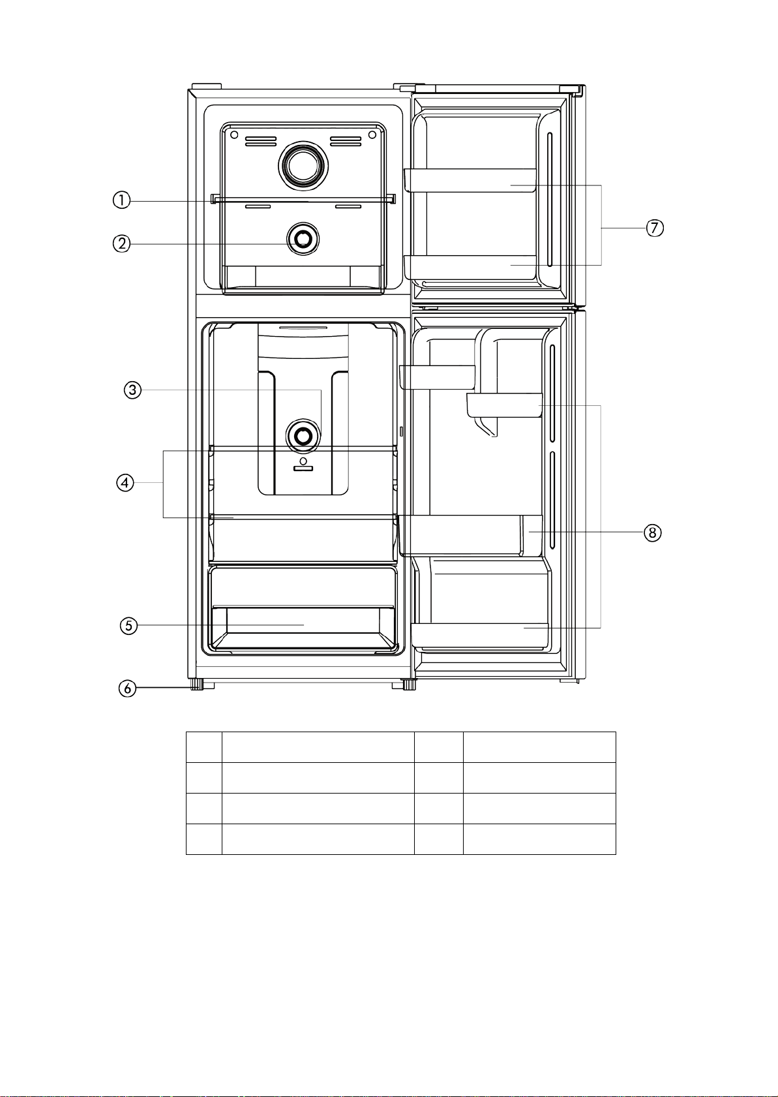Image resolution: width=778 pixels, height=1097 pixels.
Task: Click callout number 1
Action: coord(122,200)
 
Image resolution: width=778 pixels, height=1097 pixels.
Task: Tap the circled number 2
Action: coord(122,243)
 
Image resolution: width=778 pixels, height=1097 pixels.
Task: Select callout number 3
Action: coord(132,390)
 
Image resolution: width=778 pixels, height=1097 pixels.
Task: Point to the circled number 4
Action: coord(125,483)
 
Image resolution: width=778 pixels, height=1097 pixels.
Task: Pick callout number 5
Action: coord(128,625)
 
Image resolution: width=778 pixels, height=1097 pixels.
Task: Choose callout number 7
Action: coord(655,228)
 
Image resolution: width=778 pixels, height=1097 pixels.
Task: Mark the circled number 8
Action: coord(652,533)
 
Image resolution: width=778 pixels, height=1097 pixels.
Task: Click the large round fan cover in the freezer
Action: coord(303,166)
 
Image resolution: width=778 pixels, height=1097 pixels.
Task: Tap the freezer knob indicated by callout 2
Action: coord(303,239)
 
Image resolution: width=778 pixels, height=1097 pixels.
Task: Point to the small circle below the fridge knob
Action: coord(303,461)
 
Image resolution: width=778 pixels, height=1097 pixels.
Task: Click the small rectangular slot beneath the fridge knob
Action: coord(303,469)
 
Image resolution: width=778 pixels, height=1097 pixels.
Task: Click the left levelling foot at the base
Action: coord(197,684)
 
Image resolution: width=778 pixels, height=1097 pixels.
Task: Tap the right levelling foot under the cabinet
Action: coord(409,684)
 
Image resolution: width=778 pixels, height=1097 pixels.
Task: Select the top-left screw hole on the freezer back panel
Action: coord(234,134)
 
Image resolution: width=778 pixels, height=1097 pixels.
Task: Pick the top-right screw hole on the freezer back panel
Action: coord(372,134)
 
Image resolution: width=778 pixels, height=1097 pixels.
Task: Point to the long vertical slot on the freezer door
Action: coord(550,199)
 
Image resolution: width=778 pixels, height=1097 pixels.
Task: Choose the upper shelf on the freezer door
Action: coord(470,180)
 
